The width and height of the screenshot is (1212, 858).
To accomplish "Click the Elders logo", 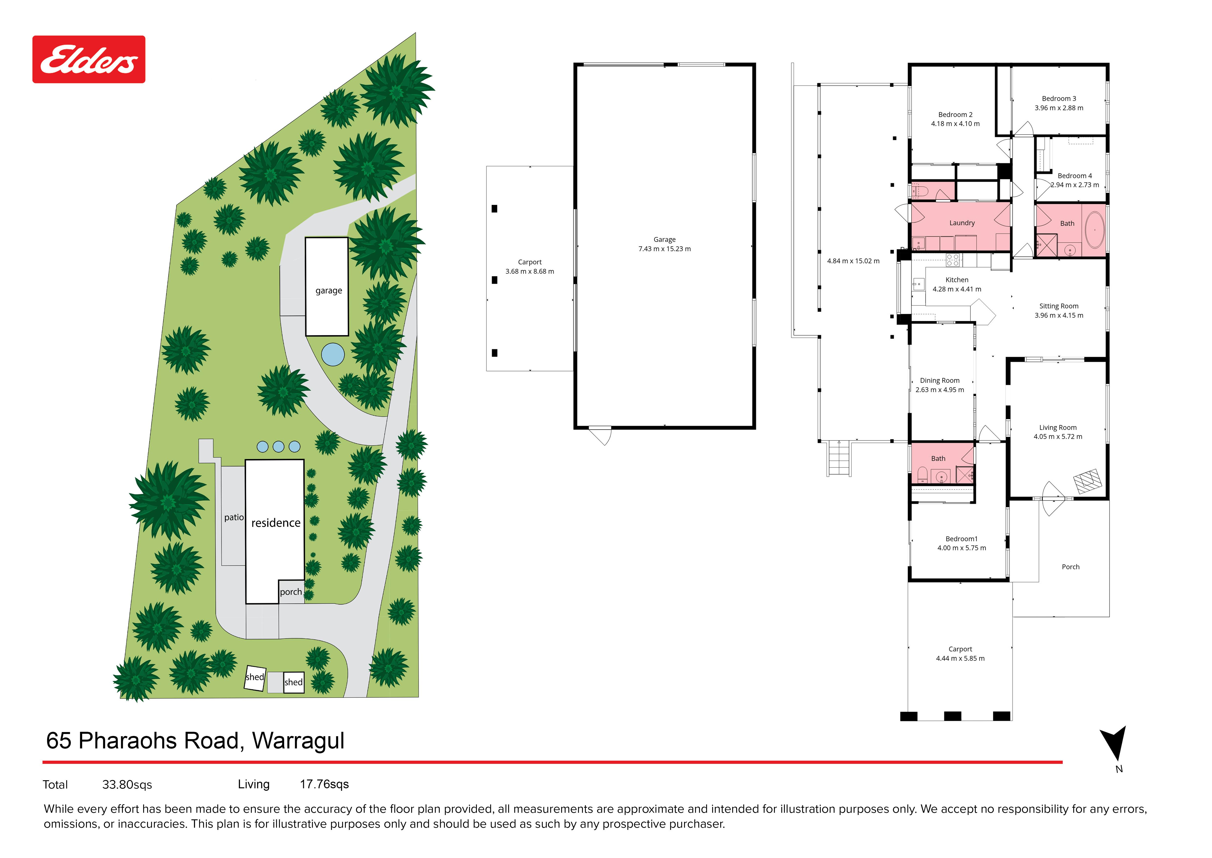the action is point(89,59).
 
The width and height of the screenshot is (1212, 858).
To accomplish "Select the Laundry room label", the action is point(962,223).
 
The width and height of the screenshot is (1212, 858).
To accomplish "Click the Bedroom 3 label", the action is point(1058,98).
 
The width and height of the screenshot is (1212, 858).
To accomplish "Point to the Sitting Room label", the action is point(1058,306).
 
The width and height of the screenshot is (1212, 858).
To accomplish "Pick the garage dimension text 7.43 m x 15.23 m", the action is point(665,249).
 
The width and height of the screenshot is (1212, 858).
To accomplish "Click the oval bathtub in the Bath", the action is point(1094,230).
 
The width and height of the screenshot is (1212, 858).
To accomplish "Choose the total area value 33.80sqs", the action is point(127,785).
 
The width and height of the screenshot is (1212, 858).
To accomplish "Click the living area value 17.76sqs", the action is point(324,784).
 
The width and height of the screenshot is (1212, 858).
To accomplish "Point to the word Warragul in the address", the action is point(298,741).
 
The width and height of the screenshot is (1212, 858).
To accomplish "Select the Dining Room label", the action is point(940,380).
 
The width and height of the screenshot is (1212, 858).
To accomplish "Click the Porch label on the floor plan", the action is point(1071,567).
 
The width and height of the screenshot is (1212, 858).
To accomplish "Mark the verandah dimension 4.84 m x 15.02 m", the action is point(853,261).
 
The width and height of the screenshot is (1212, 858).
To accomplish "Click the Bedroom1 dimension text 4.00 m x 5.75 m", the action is point(961,548).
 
